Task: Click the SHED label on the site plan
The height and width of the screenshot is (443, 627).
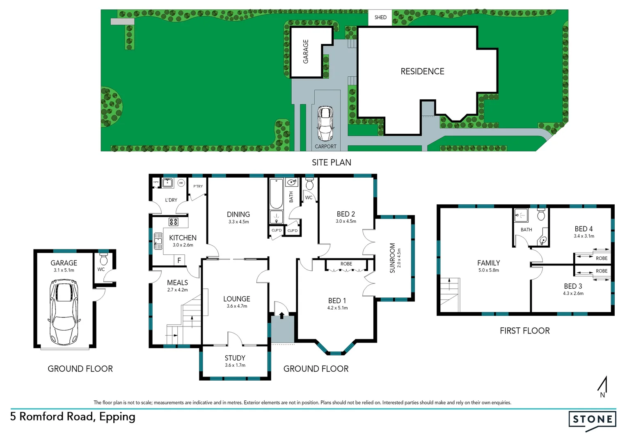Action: pyautogui.click(x=380, y=17)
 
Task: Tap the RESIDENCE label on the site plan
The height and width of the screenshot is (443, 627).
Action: pyautogui.click(x=422, y=71)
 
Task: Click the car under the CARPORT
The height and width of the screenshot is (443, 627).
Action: pyautogui.click(x=326, y=123)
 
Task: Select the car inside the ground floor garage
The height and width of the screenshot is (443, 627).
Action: pyautogui.click(x=64, y=312)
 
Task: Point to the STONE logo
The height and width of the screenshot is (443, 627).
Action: pyautogui.click(x=592, y=420)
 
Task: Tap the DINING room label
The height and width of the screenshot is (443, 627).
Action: pyautogui.click(x=238, y=214)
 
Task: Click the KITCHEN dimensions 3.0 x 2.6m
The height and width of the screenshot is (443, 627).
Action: pyautogui.click(x=183, y=245)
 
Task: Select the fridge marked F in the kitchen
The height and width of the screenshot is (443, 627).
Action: pyautogui.click(x=179, y=260)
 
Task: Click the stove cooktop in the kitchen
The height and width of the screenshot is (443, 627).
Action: pyautogui.click(x=174, y=222)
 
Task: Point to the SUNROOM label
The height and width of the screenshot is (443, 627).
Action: pyautogui.click(x=392, y=258)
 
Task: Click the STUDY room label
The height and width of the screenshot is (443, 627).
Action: pyautogui.click(x=235, y=358)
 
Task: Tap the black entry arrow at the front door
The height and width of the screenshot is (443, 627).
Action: pyautogui.click(x=281, y=315)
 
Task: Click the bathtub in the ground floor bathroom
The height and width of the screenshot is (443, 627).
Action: pyautogui.click(x=276, y=194)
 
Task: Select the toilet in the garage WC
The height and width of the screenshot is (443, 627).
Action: pyautogui.click(x=103, y=259)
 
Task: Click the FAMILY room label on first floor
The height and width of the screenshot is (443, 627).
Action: pyautogui.click(x=488, y=263)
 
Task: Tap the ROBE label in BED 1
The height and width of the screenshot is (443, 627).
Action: pyautogui.click(x=346, y=264)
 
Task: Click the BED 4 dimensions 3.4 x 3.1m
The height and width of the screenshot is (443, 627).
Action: pyautogui.click(x=584, y=236)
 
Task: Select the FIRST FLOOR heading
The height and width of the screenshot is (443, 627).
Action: pyautogui.click(x=524, y=331)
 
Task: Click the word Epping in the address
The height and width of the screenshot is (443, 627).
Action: pyautogui.click(x=117, y=417)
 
